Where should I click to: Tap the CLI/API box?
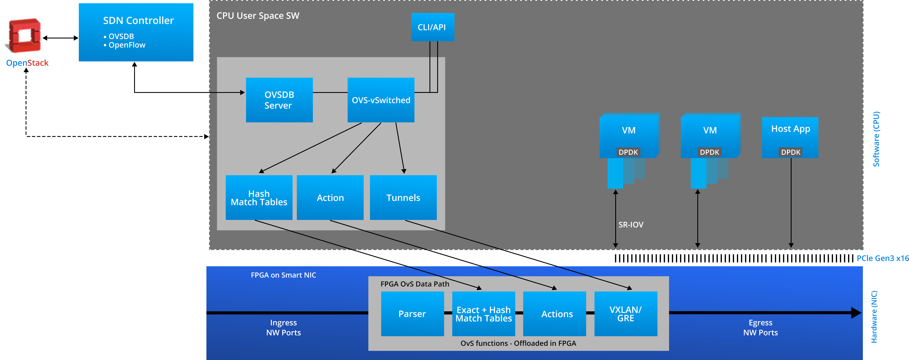(432, 27)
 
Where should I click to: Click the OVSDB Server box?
(279, 100)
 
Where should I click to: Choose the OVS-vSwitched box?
(381, 100)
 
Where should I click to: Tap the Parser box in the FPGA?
(412, 314)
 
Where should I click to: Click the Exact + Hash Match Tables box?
(483, 314)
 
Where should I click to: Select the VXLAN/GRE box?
(626, 314)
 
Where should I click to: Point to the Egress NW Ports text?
(760, 327)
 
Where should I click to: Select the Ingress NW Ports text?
(283, 327)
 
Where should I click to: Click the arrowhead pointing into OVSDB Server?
(242, 92)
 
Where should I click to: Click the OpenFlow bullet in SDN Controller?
(126, 45)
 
